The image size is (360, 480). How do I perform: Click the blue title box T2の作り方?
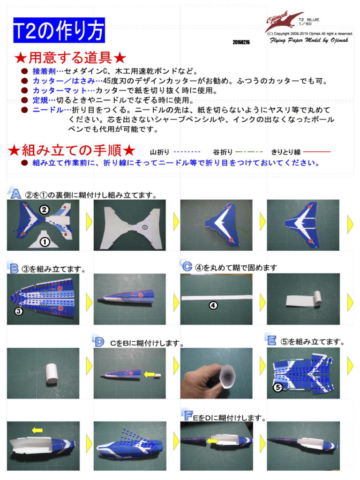(x=59, y=30)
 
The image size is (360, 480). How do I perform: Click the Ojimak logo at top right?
(x=284, y=22)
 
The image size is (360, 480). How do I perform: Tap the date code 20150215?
(x=241, y=42)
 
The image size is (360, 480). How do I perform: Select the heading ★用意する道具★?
(x=70, y=58)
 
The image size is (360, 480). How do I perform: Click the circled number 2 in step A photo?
(x=44, y=210)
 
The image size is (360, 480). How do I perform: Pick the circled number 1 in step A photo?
(x=44, y=242)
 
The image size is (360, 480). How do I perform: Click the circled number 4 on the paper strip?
(x=213, y=305)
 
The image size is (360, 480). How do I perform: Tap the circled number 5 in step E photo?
(x=277, y=387)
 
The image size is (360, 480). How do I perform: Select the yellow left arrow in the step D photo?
(x=149, y=374)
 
